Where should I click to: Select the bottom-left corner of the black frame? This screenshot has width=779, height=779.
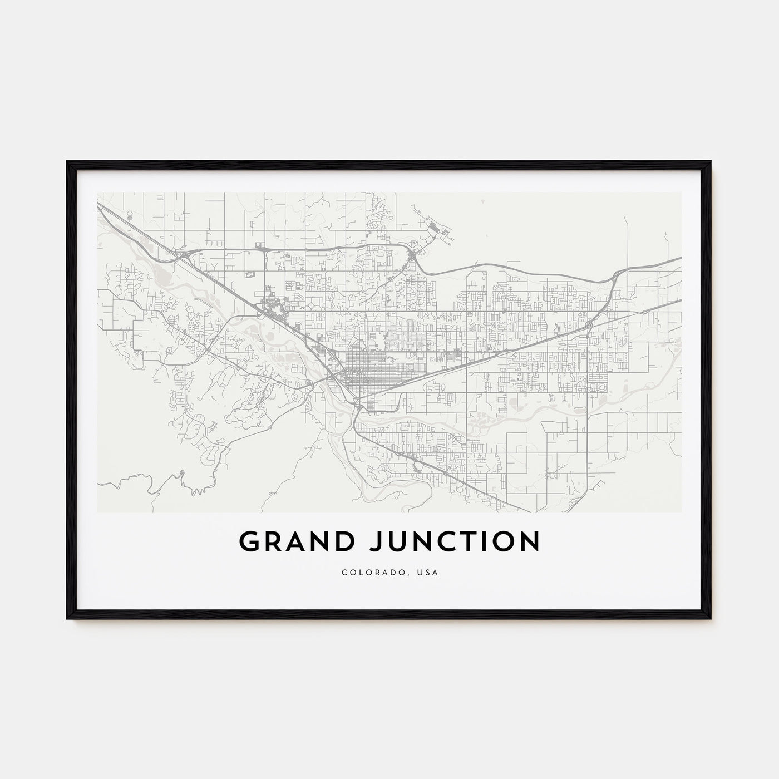point(68,618)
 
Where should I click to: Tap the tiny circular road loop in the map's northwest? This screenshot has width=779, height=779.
point(130,214)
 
